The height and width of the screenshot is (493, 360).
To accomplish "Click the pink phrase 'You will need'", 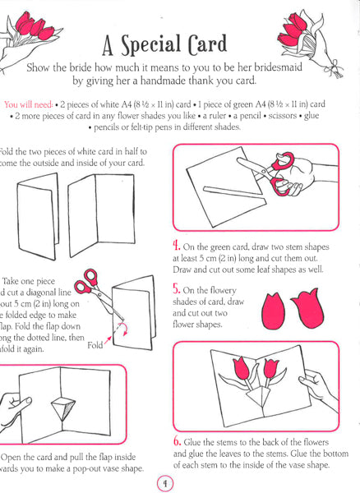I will pyautogui.click(x=28, y=104).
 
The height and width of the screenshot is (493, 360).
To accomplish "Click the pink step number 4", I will pyautogui.click(x=177, y=245).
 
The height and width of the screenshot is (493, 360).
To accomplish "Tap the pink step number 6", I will pyautogui.click(x=178, y=441).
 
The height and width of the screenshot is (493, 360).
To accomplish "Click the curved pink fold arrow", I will pyautogui.click(x=123, y=329).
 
